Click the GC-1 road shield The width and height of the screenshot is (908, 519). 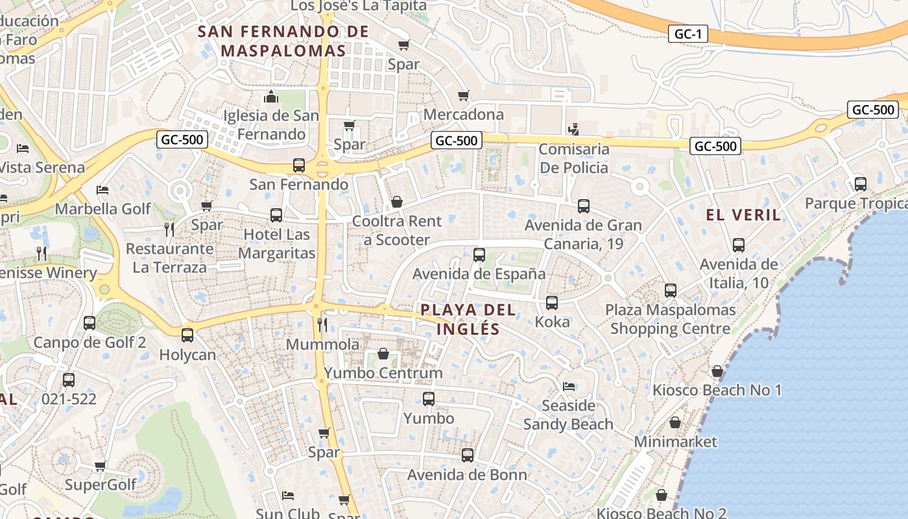tap(687, 34)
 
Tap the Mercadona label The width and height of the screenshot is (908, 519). tap(463, 114)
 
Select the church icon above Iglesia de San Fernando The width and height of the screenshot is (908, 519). tap(271, 97)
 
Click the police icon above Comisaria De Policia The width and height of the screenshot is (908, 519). tap(573, 129)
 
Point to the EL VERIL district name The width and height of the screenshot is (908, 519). tap(743, 215)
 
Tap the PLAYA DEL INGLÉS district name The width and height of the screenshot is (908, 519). tap(468, 319)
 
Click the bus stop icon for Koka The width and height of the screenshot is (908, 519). tap(552, 303)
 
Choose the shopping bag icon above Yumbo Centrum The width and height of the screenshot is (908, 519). tap(383, 354)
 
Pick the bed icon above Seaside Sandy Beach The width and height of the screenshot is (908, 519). tap(569, 387)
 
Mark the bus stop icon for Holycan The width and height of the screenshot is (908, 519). tap(187, 335)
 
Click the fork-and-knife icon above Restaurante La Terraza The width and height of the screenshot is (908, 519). tap(169, 229)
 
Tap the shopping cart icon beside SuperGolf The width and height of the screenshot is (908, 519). tap(101, 466)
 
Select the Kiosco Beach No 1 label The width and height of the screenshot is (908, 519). tap(717, 390)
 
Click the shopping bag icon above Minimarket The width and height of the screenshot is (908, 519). tap(675, 422)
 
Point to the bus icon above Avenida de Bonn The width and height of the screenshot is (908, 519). tap(468, 455)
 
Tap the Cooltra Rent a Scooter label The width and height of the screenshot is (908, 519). tap(397, 230)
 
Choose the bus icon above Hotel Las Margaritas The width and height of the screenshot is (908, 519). tap(276, 215)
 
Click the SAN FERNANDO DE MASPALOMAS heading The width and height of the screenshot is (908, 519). tap(283, 41)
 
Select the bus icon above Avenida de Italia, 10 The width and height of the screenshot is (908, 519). tap(739, 245)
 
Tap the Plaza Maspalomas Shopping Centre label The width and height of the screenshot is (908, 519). tap(671, 319)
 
